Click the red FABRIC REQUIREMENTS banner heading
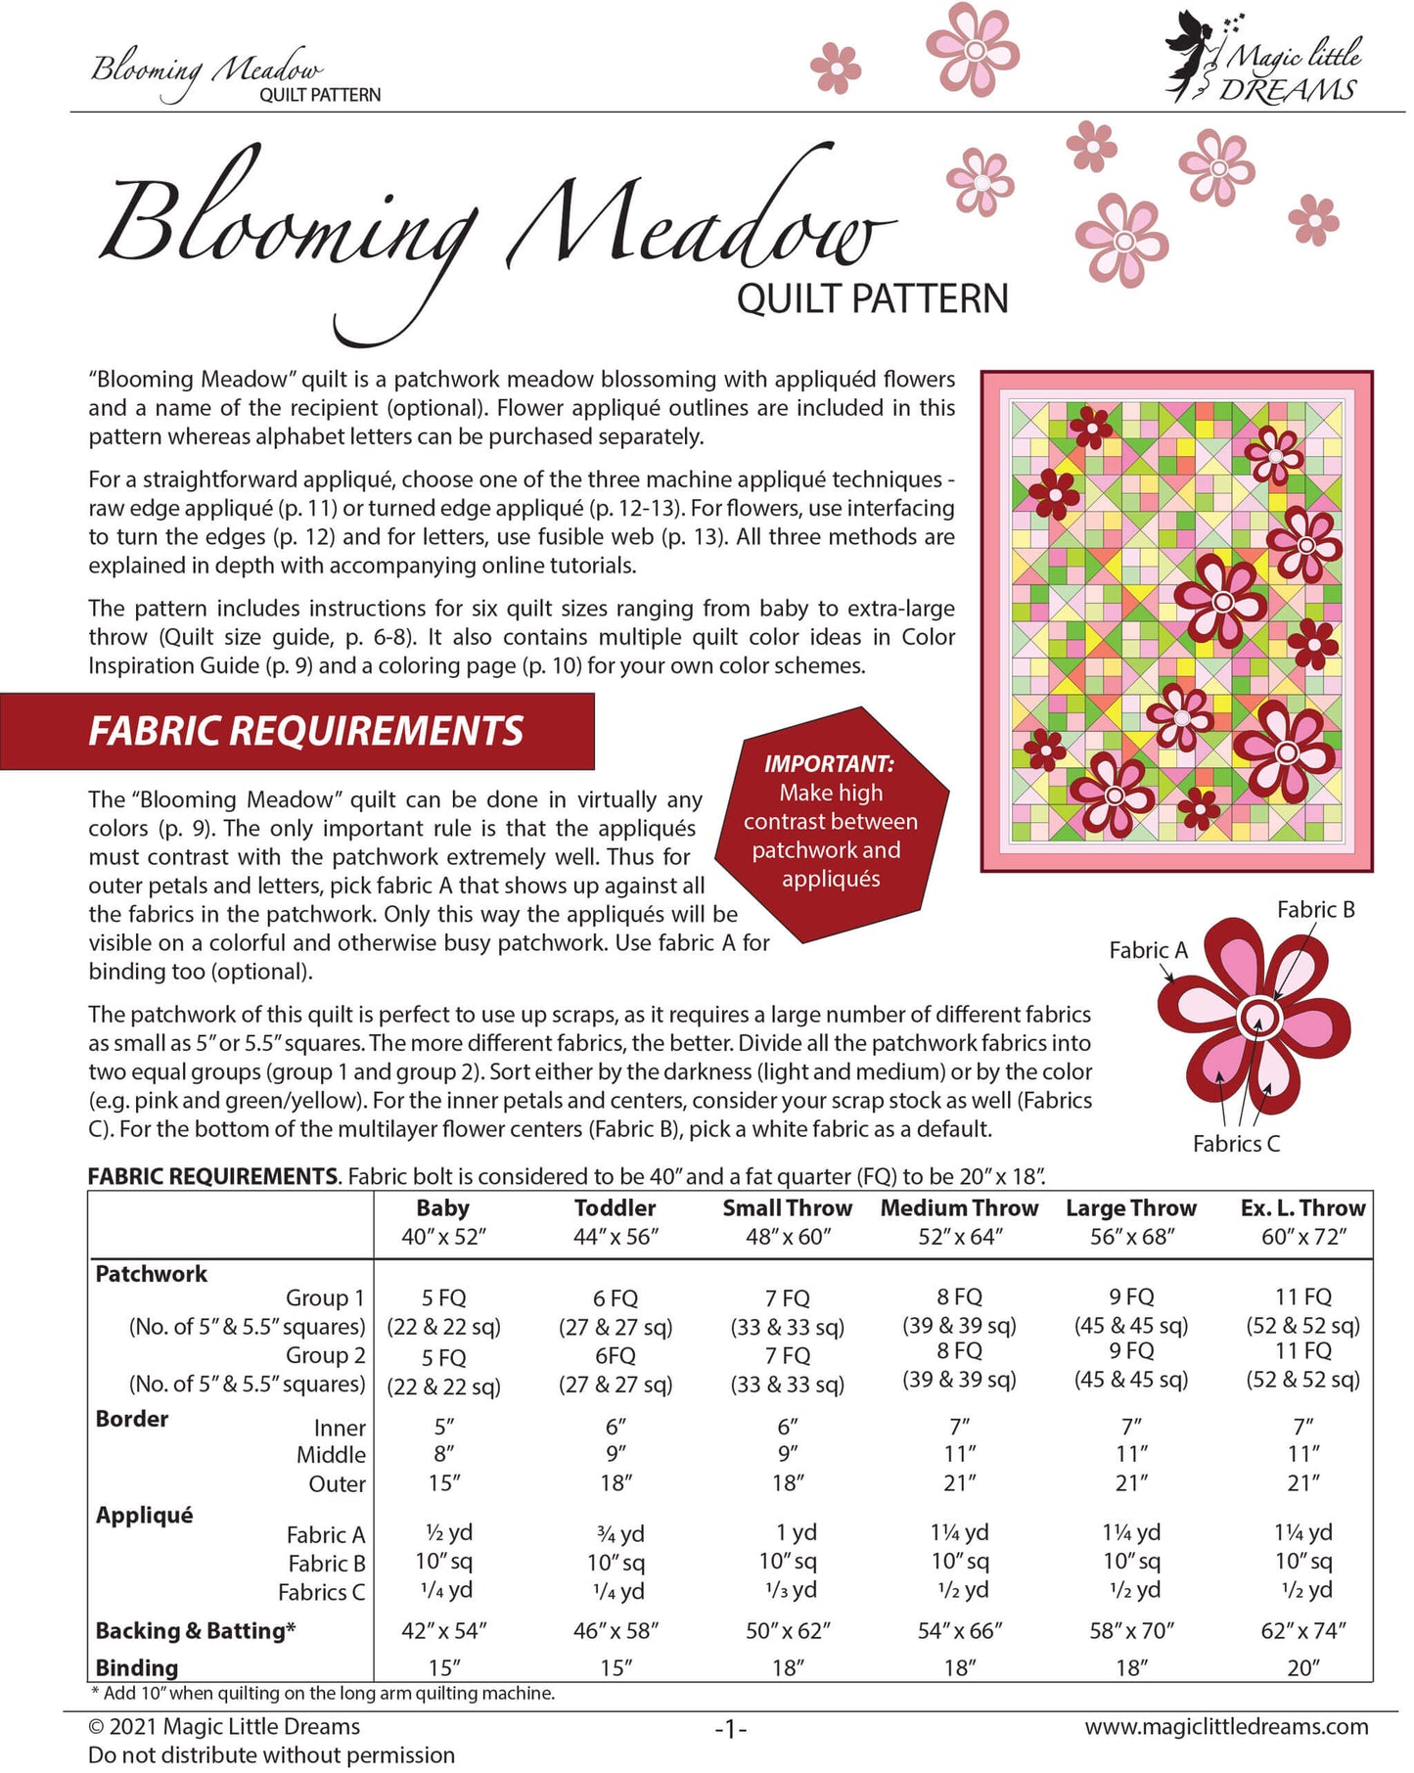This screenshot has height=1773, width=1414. coord(305,731)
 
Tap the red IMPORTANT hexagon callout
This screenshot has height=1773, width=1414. coord(831,823)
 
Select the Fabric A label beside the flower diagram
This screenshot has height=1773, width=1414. coord(1148,950)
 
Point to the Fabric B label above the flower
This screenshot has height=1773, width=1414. coord(1315,910)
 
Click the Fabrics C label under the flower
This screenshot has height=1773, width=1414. coord(1236,1143)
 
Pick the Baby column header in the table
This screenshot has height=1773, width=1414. coord(442,1208)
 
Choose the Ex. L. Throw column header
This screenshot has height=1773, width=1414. coord(1302,1208)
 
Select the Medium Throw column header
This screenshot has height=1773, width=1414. coord(959,1208)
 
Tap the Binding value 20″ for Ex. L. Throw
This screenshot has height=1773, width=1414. coord(1303,1667)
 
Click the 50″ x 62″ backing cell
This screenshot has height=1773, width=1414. coord(788,1630)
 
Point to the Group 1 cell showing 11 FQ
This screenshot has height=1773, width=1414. coord(1303,1296)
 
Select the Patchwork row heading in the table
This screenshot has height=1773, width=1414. coord(152,1274)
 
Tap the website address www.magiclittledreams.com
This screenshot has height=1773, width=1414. coord(1226,1727)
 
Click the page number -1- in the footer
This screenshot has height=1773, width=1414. coord(730,1729)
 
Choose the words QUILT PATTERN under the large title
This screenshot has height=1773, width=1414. coord(872,298)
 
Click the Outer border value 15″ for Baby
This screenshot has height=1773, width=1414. coord(444,1483)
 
